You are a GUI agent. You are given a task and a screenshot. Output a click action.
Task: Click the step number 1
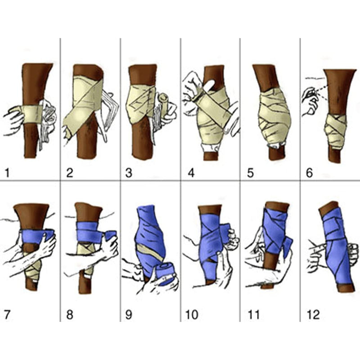pos(7,173)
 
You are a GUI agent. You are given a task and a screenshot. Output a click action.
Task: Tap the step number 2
pos(70,173)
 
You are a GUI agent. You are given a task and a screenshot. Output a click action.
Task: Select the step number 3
pos(129,173)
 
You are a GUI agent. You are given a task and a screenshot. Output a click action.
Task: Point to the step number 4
pos(191,173)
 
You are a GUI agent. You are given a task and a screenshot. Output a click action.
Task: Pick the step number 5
pos(250,173)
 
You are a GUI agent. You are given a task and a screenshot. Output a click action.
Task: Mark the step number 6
pos(309,173)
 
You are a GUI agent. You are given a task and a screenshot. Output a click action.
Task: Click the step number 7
pos(7,315)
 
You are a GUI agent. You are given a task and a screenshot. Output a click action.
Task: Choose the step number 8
pos(70,315)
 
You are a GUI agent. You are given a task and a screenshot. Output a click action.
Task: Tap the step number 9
pos(129,315)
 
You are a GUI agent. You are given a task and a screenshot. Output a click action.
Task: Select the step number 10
pos(192,315)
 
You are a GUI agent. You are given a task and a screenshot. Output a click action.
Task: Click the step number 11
pos(254,315)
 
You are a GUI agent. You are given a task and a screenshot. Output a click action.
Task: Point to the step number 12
pos(313,315)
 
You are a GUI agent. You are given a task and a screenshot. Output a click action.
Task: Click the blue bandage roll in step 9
pos(166,274)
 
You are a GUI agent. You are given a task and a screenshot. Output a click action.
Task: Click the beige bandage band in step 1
pos(32,114)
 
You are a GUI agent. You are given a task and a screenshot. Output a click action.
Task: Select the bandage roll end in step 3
pos(163,101)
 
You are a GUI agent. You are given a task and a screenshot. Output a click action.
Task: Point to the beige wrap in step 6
pos(335,131)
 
